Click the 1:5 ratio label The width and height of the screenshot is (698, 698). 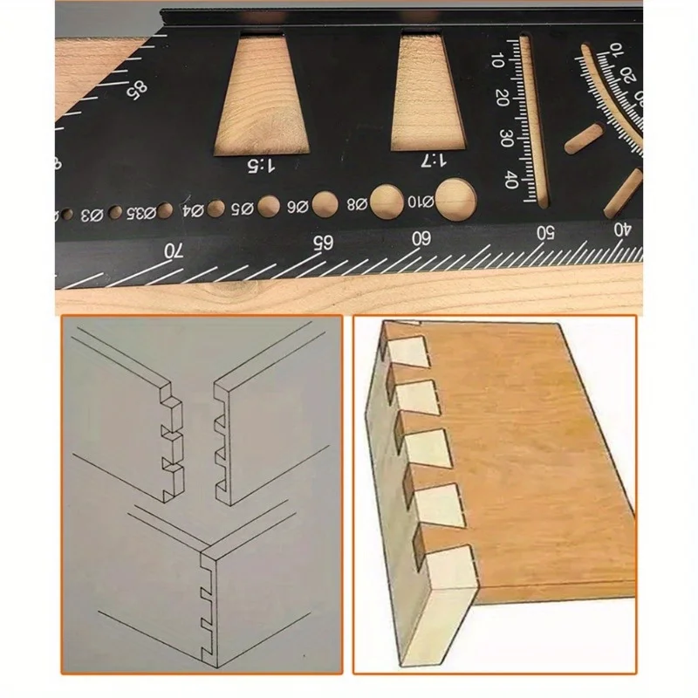[263, 163]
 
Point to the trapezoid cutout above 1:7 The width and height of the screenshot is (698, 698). [431, 86]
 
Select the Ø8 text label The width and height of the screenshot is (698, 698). [356, 205]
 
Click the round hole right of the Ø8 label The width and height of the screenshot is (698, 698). [385, 201]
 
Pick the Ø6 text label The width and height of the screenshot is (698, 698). [298, 207]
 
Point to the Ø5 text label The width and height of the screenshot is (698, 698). [242, 209]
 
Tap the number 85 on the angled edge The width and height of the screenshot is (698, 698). [137, 88]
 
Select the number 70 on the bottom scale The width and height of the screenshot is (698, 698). [174, 250]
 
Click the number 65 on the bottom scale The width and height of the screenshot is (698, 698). [323, 243]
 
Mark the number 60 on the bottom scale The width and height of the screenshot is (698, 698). [421, 237]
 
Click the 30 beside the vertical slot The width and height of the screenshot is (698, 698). [505, 137]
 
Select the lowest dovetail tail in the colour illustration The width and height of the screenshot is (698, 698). [448, 556]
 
